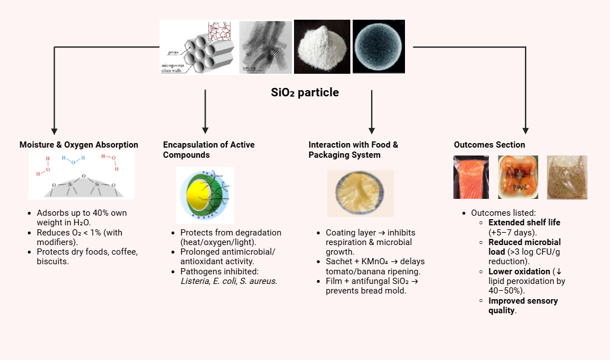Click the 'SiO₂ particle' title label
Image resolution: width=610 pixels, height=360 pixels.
[305, 92]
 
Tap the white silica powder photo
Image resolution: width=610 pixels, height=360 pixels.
[322, 47]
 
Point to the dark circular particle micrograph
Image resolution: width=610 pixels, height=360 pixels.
[379, 47]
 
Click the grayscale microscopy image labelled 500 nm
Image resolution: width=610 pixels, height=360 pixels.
[265, 47]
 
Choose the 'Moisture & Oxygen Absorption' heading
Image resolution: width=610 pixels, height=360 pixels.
[79, 145]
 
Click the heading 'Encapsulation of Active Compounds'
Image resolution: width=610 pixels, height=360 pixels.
[208, 150]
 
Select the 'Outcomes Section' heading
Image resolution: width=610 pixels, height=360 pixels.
[489, 145]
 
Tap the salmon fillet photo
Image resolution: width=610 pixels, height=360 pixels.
[471, 177]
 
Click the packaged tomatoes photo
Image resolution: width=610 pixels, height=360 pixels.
[518, 177]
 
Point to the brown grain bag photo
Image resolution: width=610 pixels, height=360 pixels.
[567, 177]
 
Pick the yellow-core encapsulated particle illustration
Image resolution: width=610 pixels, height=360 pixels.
[204, 195]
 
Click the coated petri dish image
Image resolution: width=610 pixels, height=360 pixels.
[360, 193]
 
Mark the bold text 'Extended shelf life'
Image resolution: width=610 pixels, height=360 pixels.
[524, 223]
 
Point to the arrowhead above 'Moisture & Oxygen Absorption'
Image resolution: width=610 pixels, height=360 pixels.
[54, 130]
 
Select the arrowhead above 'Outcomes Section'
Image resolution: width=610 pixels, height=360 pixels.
[526, 130]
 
